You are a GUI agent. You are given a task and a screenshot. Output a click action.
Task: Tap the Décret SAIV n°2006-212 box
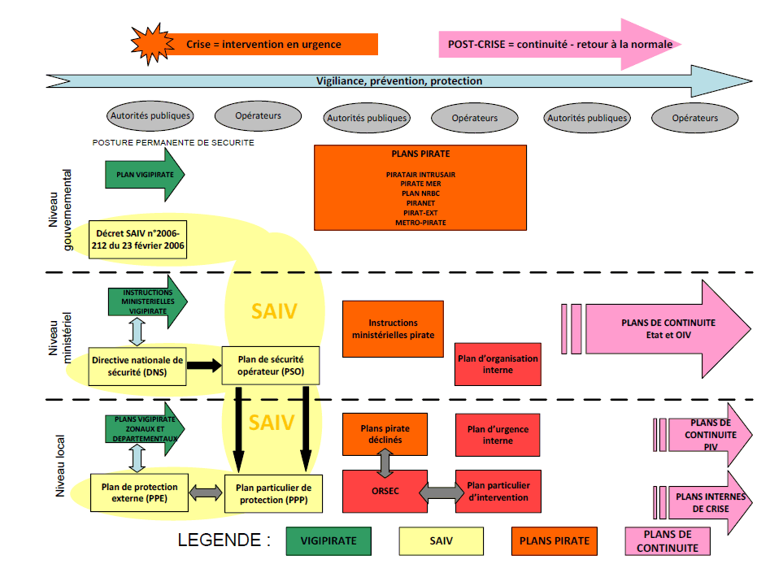pyautogui.click(x=138, y=238)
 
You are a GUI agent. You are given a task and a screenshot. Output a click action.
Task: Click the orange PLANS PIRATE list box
pyautogui.click(x=420, y=187)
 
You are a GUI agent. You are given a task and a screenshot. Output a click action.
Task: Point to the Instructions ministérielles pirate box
pyautogui.click(x=393, y=328)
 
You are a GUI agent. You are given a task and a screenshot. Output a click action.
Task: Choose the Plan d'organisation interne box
pyautogui.click(x=498, y=364)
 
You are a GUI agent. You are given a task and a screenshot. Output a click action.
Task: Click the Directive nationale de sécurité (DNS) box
pyautogui.click(x=137, y=365)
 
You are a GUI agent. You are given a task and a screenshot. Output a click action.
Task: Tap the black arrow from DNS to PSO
pyautogui.click(x=204, y=366)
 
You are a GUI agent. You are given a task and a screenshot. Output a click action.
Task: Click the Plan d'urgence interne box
pyautogui.click(x=498, y=435)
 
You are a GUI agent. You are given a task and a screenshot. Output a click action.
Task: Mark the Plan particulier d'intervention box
pyautogui.click(x=498, y=492)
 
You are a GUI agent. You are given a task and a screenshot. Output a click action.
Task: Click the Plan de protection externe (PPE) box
pyautogui.click(x=138, y=492)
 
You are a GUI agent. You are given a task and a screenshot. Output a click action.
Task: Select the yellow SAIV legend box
pyautogui.click(x=441, y=540)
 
